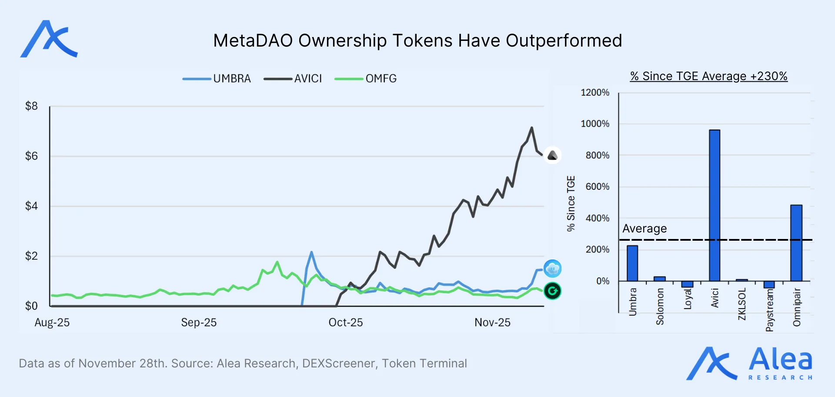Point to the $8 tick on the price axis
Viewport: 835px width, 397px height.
pyautogui.click(x=31, y=106)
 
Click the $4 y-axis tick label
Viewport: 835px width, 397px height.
pyautogui.click(x=31, y=205)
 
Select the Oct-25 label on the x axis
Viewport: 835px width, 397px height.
pyautogui.click(x=345, y=322)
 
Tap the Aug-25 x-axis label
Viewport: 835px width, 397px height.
pyautogui.click(x=52, y=322)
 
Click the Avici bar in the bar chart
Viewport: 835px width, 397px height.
pyautogui.click(x=714, y=205)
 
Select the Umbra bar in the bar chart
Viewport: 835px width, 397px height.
pyautogui.click(x=632, y=263)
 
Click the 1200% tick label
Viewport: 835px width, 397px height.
pyautogui.click(x=595, y=92)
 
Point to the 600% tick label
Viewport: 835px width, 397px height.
pyautogui.click(x=597, y=186)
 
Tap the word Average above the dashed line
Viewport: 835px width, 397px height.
pyautogui.click(x=644, y=229)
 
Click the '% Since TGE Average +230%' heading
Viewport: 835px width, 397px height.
pyautogui.click(x=708, y=76)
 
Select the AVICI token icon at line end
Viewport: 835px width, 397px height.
pyautogui.click(x=552, y=155)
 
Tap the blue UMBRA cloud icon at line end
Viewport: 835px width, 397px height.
pyautogui.click(x=552, y=269)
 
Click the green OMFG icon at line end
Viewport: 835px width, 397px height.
pyautogui.click(x=552, y=291)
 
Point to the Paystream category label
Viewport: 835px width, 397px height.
pyautogui.click(x=769, y=310)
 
